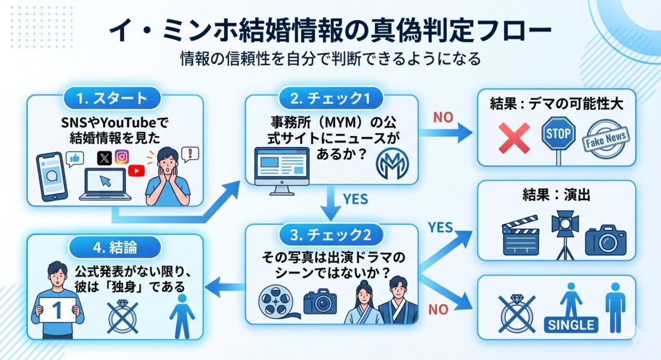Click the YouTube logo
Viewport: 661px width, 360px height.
coord(137,170)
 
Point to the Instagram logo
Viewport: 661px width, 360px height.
coord(122,156)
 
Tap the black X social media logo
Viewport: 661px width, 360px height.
coord(105,157)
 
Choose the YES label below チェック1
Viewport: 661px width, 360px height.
coord(354,199)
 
